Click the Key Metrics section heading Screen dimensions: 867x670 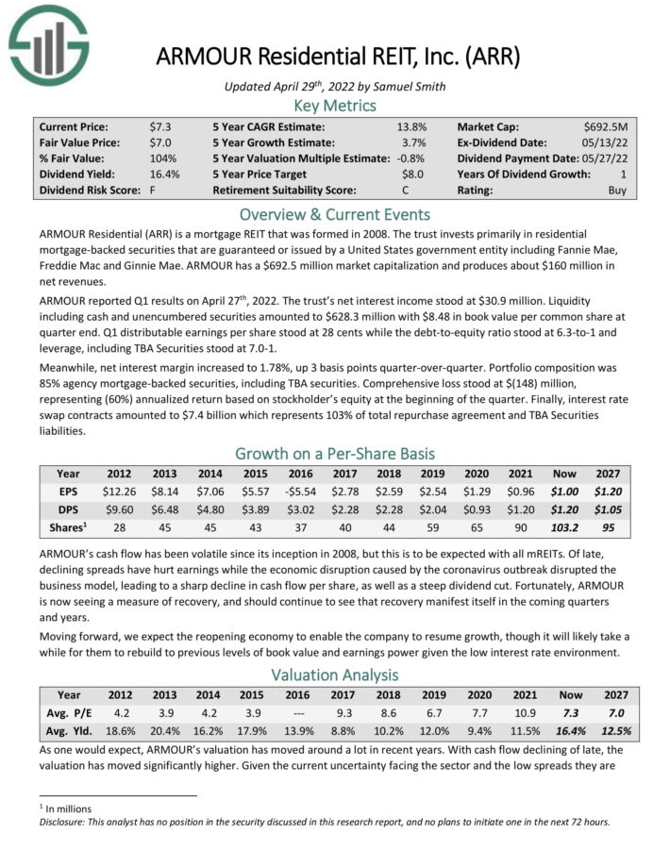[335, 106]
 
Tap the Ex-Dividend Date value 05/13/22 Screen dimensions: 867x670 [611, 142]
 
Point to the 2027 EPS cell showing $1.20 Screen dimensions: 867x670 [607, 491]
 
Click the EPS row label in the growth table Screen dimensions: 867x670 [68, 491]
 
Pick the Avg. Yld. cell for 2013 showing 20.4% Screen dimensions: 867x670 [164, 729]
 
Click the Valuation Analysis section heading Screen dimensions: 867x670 [335, 675]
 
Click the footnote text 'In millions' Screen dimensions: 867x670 [65, 809]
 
